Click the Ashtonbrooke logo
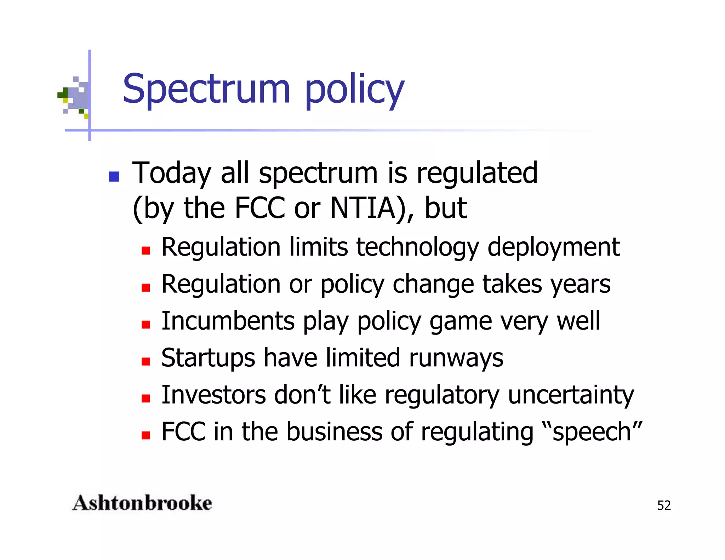[x=142, y=503]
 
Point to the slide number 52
[x=664, y=505]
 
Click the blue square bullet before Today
[x=114, y=177]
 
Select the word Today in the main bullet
[x=171, y=173]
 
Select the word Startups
[x=208, y=358]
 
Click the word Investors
[x=213, y=395]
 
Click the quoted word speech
[x=592, y=432]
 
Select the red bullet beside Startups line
[x=145, y=361]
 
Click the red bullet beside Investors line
[x=145, y=399]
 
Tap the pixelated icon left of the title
[x=74, y=96]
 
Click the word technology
[x=417, y=247]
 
